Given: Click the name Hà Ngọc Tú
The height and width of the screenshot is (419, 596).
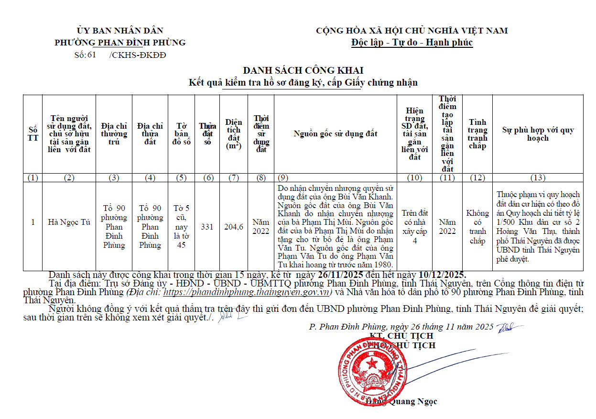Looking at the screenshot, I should click(x=69, y=222).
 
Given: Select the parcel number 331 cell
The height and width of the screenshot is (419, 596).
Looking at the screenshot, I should click(x=207, y=227).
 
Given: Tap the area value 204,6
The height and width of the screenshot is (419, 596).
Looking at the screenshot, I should click(x=234, y=227).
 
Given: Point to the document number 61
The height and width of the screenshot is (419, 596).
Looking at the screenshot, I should click(x=91, y=55).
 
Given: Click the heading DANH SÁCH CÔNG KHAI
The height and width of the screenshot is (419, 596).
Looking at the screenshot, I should click(x=303, y=71).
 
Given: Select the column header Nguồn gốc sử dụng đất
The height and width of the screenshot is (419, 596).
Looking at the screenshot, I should click(x=335, y=133).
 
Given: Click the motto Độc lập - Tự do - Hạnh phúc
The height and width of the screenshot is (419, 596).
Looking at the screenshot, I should click(x=412, y=42).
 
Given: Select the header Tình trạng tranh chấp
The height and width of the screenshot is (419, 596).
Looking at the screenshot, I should click(x=477, y=134).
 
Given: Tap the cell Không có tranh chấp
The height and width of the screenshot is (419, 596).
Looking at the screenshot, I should click(x=477, y=227).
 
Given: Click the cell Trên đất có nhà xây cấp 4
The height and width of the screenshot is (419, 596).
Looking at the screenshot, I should click(x=414, y=227).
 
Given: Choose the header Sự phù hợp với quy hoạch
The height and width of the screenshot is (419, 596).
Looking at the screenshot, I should click(x=537, y=134).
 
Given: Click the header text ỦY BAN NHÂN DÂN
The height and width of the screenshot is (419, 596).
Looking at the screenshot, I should click(x=120, y=31).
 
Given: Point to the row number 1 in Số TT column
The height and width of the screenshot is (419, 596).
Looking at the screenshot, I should click(x=33, y=222).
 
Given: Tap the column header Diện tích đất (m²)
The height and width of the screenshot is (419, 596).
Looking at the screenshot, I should click(x=234, y=134).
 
